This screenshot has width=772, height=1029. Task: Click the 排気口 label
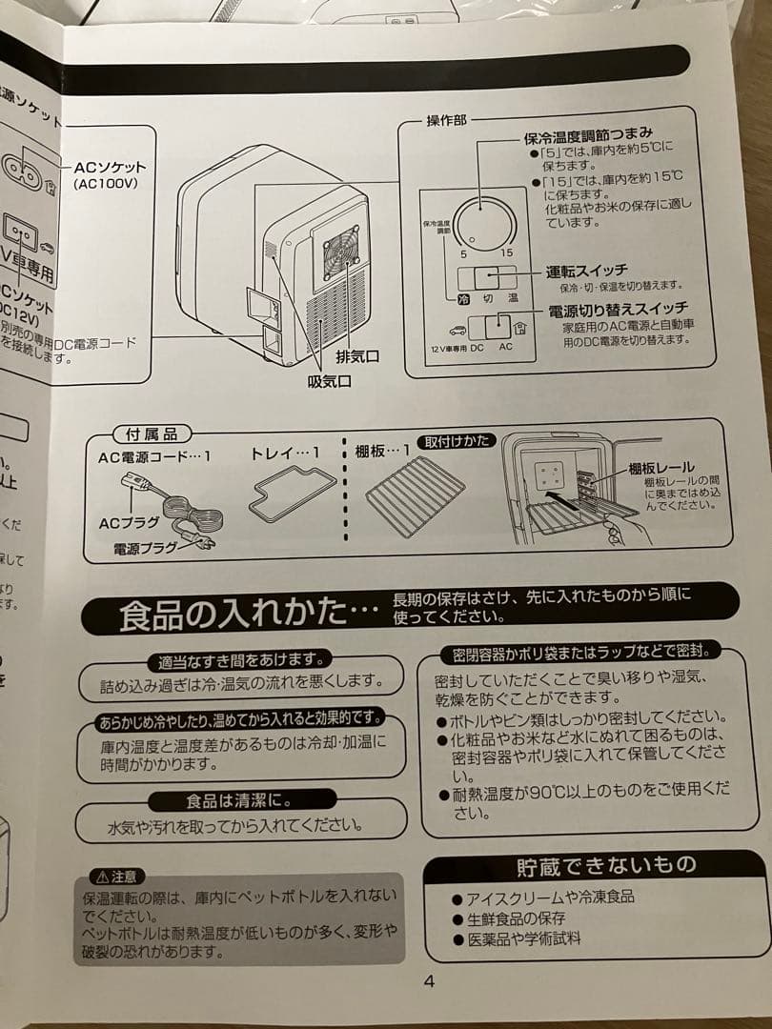coord(357,356)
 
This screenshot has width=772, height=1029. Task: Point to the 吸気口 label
coord(329,381)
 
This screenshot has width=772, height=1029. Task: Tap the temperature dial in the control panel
coord(481,225)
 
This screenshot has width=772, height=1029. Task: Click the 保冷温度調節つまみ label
coord(588,135)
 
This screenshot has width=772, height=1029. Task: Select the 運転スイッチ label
coord(586,271)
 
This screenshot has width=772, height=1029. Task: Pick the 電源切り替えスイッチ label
coord(618,310)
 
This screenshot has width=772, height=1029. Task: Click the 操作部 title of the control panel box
coord(445,121)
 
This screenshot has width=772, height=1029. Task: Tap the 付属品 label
coord(145,434)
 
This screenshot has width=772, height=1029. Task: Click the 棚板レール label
coord(660,470)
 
